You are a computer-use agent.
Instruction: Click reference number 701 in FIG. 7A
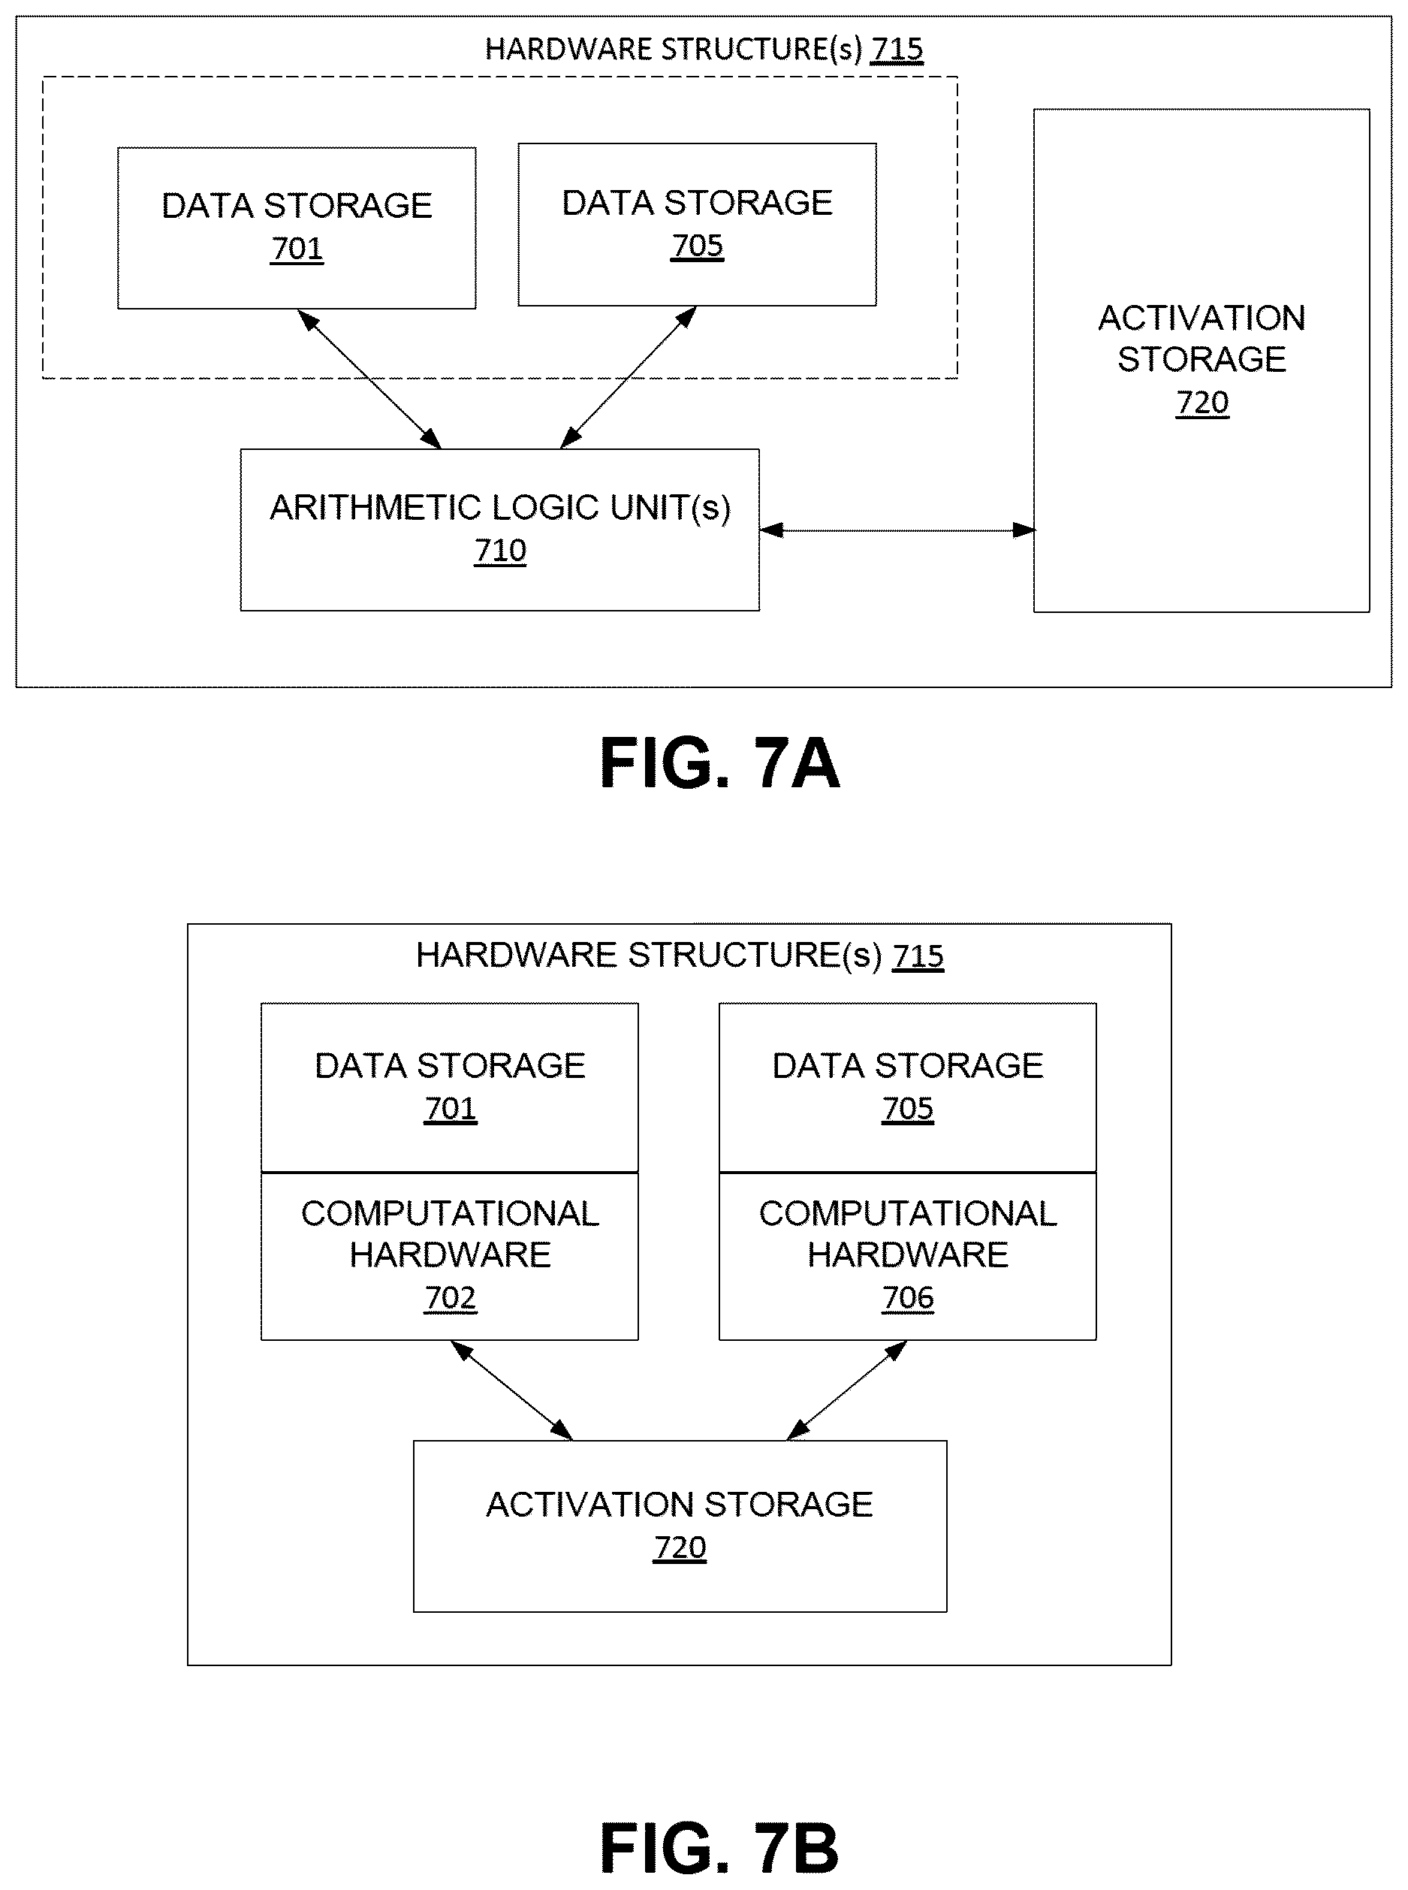297,248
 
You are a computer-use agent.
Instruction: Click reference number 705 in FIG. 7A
697,246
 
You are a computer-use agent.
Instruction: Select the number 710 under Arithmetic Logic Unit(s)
500,551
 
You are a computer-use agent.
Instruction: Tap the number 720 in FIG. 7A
1201,403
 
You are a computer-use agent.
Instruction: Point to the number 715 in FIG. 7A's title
897,50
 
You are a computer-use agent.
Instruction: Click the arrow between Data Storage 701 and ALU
369,379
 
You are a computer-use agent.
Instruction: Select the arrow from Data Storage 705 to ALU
628,377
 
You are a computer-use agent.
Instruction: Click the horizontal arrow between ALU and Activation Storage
897,530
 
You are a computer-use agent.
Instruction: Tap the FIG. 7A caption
719,763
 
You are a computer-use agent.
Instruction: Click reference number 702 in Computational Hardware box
450,1297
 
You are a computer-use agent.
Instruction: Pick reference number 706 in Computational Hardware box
908,1297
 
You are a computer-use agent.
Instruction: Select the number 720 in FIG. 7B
680,1547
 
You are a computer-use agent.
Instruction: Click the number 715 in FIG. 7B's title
918,956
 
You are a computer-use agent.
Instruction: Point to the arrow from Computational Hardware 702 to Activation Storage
511,1390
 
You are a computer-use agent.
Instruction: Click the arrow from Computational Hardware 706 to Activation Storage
846,1390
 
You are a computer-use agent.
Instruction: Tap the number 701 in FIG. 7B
450,1108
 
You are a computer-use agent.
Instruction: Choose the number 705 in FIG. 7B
908,1108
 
